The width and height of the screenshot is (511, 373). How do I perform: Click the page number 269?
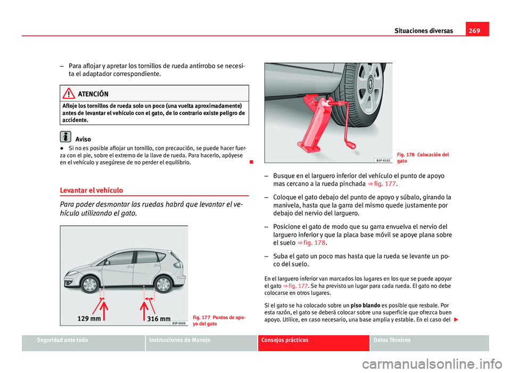(x=473, y=30)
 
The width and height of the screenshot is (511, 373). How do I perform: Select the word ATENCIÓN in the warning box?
(x=93, y=94)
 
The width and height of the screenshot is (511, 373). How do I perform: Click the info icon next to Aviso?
(x=65, y=136)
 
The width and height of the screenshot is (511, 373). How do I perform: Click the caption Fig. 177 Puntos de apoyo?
(x=219, y=320)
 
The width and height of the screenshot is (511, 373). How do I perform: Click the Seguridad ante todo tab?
(x=83, y=340)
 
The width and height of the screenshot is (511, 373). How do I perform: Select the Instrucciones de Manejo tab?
(x=201, y=340)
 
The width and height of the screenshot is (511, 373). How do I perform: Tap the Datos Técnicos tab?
(x=429, y=340)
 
